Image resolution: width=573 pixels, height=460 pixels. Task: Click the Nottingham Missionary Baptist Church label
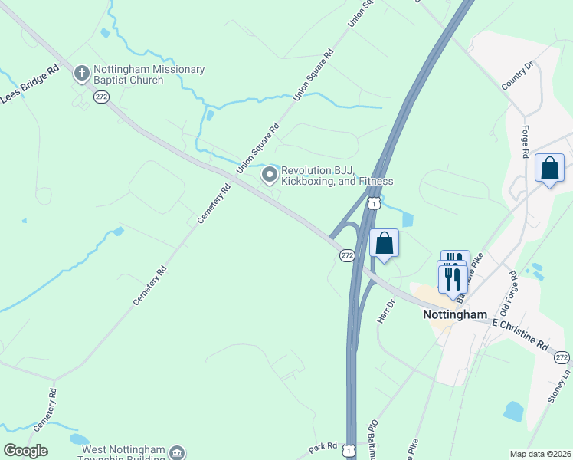coord(149,74)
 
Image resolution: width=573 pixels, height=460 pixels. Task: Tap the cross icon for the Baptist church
coord(82,74)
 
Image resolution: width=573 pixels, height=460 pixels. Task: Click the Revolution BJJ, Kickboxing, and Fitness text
coord(337,176)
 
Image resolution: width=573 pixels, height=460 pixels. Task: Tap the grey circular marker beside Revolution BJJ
coord(270,176)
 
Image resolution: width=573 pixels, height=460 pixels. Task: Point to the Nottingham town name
coord(455,314)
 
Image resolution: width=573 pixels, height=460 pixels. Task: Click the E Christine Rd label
coord(521,335)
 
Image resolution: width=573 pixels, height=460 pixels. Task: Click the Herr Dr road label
coord(385,310)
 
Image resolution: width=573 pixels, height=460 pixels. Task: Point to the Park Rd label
coord(323,445)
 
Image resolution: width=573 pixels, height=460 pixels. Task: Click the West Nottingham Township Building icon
coord(178,452)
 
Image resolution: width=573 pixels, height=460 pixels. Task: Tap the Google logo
coord(25,451)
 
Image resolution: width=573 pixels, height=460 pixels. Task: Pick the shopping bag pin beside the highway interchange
coord(385,244)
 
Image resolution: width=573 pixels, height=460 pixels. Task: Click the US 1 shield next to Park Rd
coord(350,451)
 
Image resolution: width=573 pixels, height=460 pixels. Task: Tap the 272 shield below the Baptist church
coord(102,97)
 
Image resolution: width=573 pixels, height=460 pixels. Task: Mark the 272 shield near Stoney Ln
coord(562,357)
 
